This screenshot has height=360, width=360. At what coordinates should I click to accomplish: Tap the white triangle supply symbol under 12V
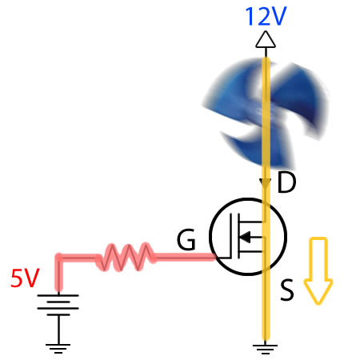coord(264,40)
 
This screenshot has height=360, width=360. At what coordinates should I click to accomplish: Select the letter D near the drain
coord(286,183)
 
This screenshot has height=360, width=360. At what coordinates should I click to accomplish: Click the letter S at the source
coord(286,291)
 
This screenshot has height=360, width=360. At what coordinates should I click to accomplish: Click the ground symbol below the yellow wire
coord(264,346)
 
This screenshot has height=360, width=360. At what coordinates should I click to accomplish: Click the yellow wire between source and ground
coord(264,308)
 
